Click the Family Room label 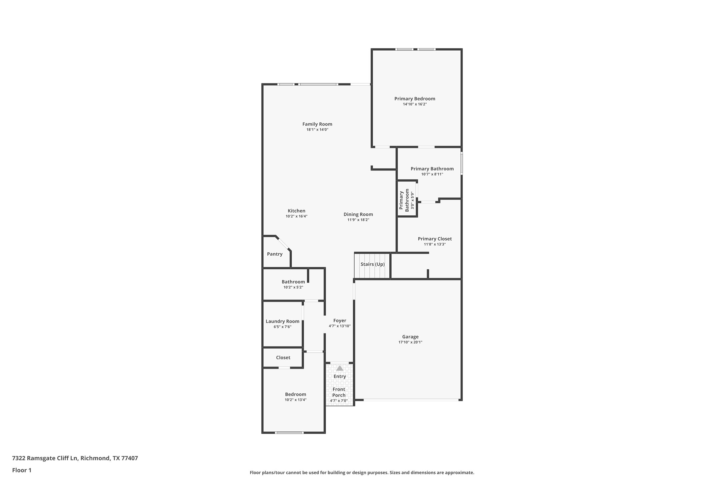point(317,124)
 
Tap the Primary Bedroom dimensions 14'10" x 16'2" point(414,104)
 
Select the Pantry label point(274,254)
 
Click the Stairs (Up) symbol point(372,266)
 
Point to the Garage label point(410,337)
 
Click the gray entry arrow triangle point(339,368)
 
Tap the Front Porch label point(339,392)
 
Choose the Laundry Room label point(282,321)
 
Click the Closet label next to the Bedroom point(283,358)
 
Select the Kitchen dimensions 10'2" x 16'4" point(296,216)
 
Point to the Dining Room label point(358,214)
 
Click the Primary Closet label point(434,239)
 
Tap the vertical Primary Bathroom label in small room point(404,200)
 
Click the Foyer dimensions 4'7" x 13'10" point(339,326)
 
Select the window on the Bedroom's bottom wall point(289,432)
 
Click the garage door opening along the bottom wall point(411,400)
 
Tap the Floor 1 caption point(22,470)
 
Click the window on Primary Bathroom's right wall point(461,163)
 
